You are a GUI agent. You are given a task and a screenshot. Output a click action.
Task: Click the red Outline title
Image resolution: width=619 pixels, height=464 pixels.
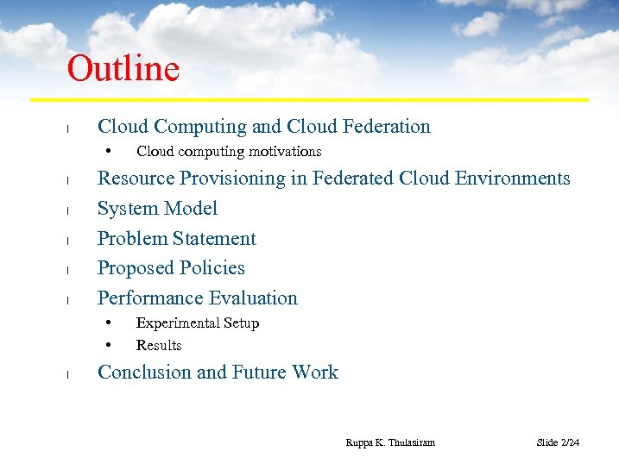click(123, 69)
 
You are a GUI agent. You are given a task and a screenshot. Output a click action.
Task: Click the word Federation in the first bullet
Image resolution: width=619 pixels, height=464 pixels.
click(387, 127)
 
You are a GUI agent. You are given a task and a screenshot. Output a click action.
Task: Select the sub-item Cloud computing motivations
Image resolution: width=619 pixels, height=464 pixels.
click(229, 152)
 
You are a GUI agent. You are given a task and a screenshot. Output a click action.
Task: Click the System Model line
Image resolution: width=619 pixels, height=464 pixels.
click(157, 209)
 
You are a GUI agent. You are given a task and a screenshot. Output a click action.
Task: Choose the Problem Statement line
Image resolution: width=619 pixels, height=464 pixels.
click(176, 239)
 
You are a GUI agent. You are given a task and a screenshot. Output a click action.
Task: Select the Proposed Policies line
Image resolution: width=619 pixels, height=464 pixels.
click(171, 268)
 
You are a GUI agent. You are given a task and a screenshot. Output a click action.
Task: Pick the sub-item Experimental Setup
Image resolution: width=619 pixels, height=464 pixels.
click(198, 323)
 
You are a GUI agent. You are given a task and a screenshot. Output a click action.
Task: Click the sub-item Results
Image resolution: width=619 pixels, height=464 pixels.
click(159, 346)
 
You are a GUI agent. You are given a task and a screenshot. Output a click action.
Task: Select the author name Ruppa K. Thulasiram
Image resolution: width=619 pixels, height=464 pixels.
click(390, 442)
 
